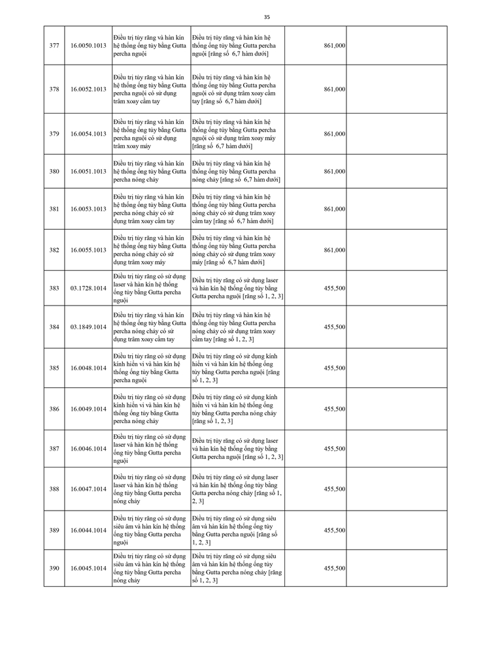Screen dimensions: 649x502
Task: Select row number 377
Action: [54, 46]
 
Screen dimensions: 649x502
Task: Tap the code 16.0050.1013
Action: [88, 46]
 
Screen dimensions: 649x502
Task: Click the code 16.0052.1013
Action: [88, 89]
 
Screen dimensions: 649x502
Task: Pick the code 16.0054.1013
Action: [88, 134]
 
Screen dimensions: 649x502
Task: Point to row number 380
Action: [54, 172]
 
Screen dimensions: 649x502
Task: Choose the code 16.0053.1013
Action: [88, 209]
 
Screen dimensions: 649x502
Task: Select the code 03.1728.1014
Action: [88, 288]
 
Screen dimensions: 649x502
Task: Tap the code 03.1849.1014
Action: [88, 327]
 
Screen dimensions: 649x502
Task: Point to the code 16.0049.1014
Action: [88, 409]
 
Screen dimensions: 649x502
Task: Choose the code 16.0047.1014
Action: [88, 489]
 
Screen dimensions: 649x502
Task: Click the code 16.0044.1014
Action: [88, 530]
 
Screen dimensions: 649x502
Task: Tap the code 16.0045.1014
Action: [88, 569]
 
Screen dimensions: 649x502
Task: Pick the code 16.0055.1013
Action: [88, 250]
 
